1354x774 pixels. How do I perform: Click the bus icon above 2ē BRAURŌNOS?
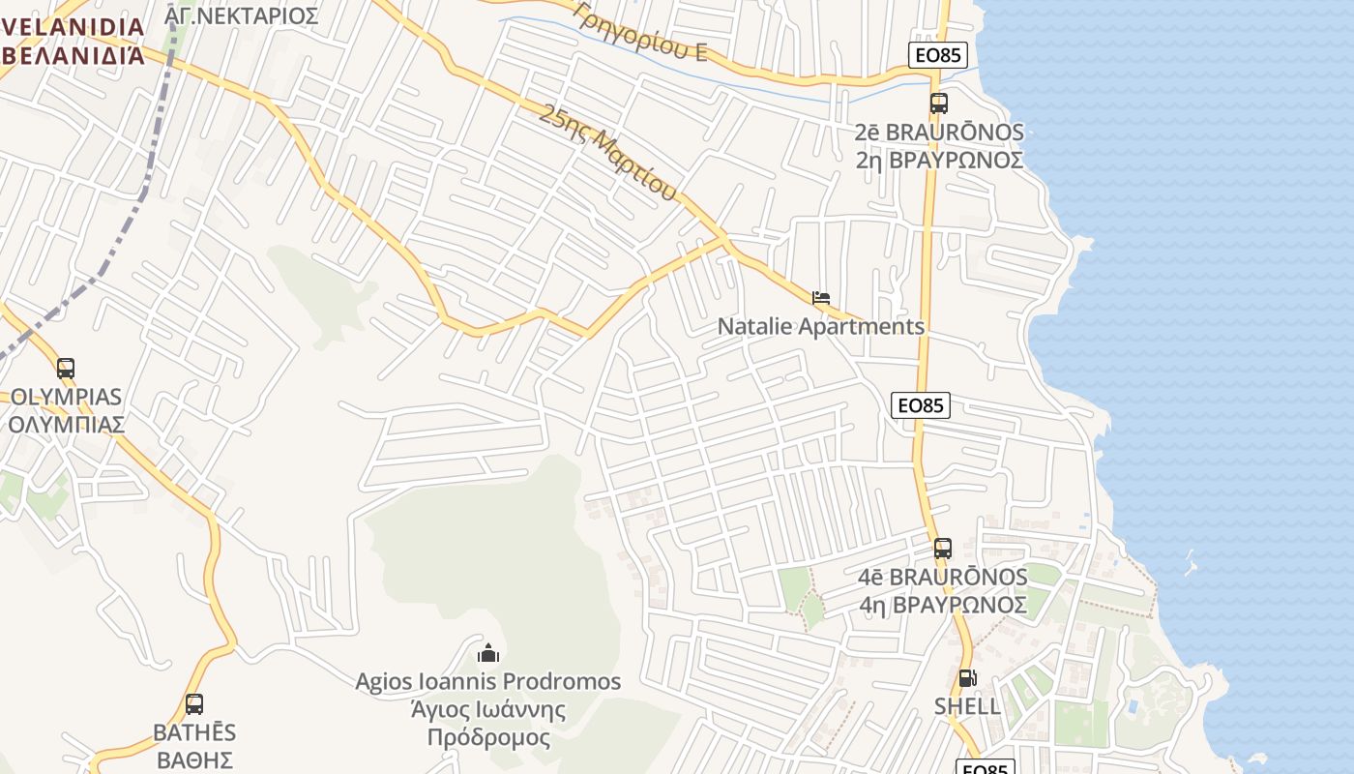[938, 104]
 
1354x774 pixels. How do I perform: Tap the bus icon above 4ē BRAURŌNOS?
[943, 549]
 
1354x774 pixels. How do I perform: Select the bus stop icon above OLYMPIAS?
[66, 369]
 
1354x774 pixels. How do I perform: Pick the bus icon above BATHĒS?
[194, 704]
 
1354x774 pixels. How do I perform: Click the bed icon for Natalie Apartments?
[821, 298]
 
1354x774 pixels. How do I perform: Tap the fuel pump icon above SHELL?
[967, 678]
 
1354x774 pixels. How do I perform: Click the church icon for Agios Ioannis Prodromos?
[488, 654]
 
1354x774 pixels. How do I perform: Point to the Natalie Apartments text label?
[820, 327]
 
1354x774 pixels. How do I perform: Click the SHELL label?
[967, 706]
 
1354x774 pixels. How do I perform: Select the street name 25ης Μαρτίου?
[607, 153]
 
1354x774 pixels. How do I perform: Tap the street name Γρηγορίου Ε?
[640, 32]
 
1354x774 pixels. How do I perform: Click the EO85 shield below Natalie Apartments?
[921, 405]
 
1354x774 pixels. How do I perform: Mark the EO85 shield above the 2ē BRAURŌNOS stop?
[938, 55]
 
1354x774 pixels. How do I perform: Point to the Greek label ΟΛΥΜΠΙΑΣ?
[66, 425]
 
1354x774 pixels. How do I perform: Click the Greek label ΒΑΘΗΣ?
[194, 759]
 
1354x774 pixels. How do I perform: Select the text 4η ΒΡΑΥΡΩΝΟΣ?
[943, 605]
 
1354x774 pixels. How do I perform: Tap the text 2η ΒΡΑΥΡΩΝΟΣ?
[939, 160]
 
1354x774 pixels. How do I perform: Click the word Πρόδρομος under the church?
[488, 738]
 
